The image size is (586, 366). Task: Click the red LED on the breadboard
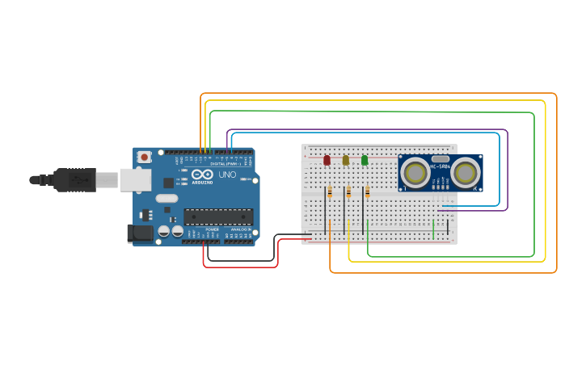[x=327, y=160]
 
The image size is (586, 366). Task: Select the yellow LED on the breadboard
[x=346, y=160]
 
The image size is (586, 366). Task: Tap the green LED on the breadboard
[x=365, y=160]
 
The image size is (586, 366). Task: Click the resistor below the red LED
[x=330, y=191]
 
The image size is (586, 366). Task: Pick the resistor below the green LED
[x=367, y=191]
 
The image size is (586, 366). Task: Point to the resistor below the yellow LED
[x=348, y=191]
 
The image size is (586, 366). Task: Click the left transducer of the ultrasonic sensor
[x=415, y=172]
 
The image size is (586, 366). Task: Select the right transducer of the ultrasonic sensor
[x=465, y=172]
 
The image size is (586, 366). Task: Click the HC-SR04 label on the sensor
[x=441, y=167]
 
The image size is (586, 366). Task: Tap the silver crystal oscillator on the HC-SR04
[x=440, y=159]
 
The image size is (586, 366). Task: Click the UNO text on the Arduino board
[x=227, y=175]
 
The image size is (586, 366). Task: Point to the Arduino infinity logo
[x=202, y=175]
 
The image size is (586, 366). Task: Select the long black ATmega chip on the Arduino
[x=218, y=217]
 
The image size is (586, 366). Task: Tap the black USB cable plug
[x=77, y=179]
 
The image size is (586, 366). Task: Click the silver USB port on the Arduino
[x=135, y=179]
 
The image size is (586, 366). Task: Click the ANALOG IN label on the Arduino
[x=241, y=229]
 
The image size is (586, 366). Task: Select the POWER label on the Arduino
[x=212, y=229]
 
